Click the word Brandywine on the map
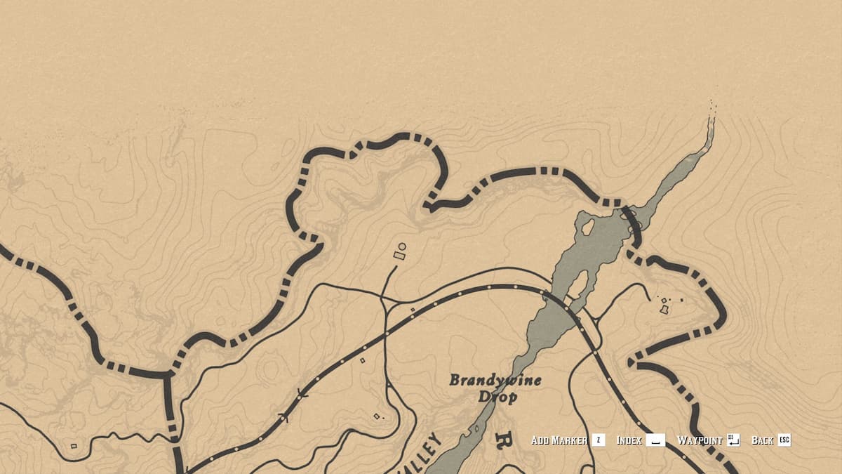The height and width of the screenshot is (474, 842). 495,381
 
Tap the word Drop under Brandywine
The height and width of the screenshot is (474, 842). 497,397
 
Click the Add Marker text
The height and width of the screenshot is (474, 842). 559,440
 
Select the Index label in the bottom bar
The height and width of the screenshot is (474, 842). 629,440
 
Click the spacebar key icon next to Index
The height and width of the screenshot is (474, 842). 655,440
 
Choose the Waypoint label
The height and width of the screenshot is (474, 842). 700,440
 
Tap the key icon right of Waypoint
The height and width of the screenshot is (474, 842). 734,440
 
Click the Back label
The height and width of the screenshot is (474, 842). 762,440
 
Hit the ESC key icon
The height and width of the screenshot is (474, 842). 784,440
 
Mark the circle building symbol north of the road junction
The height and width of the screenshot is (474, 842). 402,246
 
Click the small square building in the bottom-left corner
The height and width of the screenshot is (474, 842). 74,445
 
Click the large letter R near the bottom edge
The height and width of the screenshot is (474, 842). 502,442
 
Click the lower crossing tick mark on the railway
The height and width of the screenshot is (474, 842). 283,417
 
